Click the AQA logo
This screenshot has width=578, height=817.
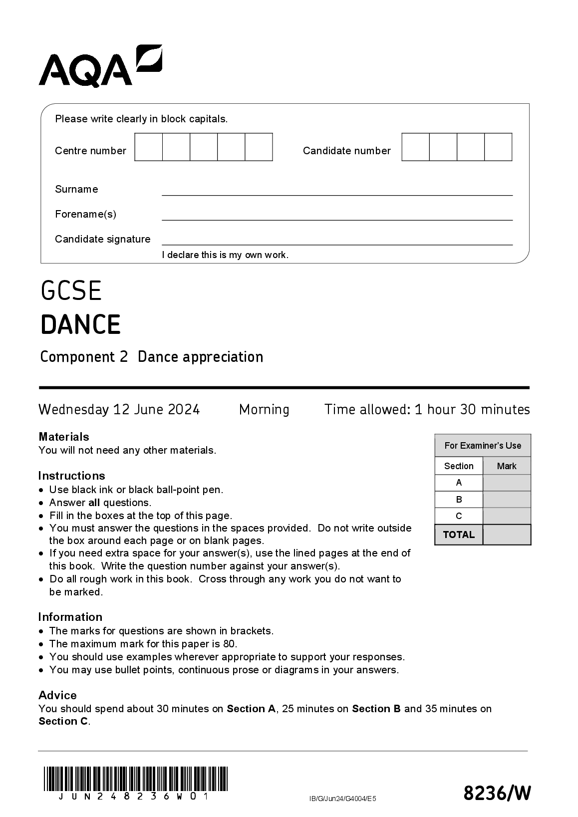[x=100, y=67]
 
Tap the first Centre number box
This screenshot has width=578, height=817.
[x=149, y=147]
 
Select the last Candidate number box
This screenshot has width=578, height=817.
[x=498, y=147]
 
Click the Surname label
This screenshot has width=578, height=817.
[x=76, y=189]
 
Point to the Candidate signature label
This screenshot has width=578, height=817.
[x=102, y=239]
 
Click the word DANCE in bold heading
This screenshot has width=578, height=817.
[x=80, y=324]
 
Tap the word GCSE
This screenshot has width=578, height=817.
[x=71, y=291]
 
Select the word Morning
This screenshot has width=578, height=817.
[x=264, y=410]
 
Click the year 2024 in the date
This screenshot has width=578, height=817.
[x=184, y=410]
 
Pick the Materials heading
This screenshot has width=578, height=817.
[x=64, y=437]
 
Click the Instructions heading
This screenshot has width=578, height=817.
[x=71, y=476]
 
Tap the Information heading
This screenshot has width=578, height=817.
[x=70, y=617]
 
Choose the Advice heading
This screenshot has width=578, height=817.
[x=57, y=695]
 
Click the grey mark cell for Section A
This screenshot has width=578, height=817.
[x=507, y=483]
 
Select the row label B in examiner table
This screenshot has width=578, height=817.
[x=459, y=500]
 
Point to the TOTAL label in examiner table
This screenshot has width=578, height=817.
[x=459, y=535]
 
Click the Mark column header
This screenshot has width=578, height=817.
[x=507, y=466]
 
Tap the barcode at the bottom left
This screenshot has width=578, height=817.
[x=135, y=779]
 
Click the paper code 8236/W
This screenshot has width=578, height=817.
[x=497, y=793]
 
